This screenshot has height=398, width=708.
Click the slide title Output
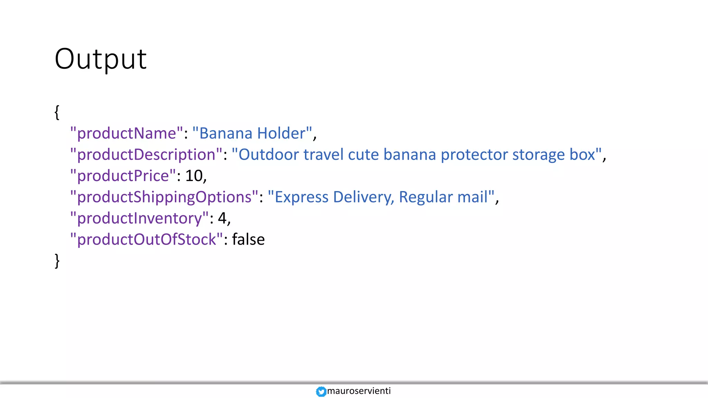[101, 59]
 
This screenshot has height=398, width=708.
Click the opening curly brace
[57, 112]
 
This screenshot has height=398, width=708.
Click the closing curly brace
[57, 260]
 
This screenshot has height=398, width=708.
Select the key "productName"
[127, 133]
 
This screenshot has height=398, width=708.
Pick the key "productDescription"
[146, 154]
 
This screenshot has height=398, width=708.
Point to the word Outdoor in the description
[269, 154]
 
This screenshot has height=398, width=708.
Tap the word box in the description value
[582, 154]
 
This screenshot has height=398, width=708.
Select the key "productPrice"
[123, 176]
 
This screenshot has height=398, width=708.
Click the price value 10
[194, 176]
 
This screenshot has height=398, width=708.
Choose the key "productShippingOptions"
[164, 197]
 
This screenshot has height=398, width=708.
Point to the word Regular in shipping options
[426, 197]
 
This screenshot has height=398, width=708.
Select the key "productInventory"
[139, 218]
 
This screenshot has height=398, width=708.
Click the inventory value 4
[222, 218]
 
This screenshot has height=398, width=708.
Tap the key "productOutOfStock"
[147, 239]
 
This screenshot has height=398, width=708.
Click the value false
[248, 239]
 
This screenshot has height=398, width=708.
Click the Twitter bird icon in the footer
[321, 391]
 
